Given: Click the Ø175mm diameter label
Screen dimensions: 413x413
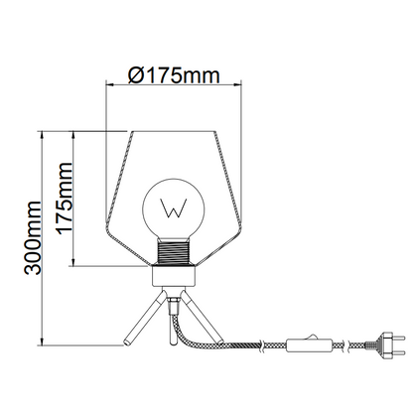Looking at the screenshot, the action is click(174, 75).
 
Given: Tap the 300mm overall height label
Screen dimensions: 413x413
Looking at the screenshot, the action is click(33, 237).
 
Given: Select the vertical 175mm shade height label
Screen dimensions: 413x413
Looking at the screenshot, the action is click(65, 199).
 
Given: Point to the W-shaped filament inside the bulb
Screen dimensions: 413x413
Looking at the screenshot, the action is click(174, 208).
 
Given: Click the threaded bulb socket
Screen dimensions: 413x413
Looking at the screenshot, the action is click(174, 252).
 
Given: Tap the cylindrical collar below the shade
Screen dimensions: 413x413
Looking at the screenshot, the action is click(174, 276).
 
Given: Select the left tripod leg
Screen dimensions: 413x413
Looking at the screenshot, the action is click(144, 317).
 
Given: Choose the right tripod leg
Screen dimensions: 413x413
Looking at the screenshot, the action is click(203, 316).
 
